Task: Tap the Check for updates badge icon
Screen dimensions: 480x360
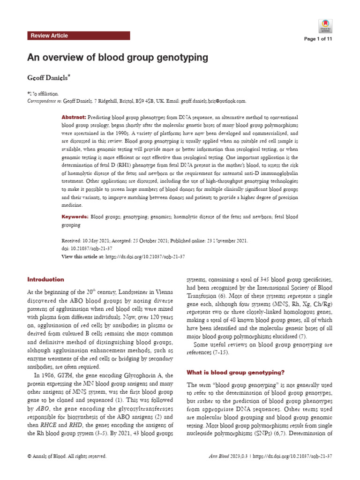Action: (325, 25)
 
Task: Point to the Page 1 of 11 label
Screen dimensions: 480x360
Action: (318, 39)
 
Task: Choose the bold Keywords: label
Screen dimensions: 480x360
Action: (75, 217)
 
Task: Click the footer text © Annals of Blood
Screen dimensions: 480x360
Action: (67, 456)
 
